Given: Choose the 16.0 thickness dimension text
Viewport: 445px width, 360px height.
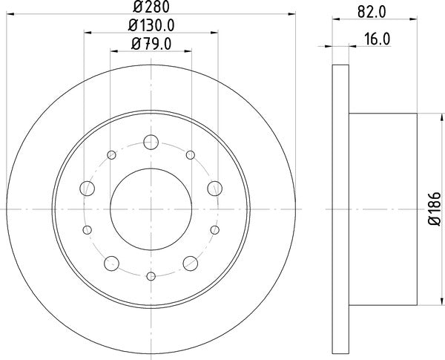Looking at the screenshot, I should pos(377,40).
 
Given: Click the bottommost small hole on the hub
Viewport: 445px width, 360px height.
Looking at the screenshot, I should pos(151,276).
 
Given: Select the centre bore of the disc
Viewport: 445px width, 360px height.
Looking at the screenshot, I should pos(151,209).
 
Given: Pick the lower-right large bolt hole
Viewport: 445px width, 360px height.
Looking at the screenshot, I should pos(191,262).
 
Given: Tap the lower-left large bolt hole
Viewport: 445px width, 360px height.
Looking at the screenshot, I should pos(112,262).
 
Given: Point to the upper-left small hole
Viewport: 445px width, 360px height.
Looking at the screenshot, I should pos(112,155).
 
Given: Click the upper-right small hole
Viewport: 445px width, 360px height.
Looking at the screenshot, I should pos(191,155).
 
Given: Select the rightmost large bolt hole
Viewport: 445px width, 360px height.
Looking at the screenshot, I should pos(214,187).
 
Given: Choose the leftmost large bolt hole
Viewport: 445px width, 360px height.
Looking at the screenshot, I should pos(88,187).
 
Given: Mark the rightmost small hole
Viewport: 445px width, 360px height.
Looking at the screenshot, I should pos(214,230).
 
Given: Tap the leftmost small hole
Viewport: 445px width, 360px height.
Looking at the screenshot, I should pos(88,230).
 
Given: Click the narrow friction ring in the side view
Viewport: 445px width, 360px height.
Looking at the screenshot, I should pos(340,209).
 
